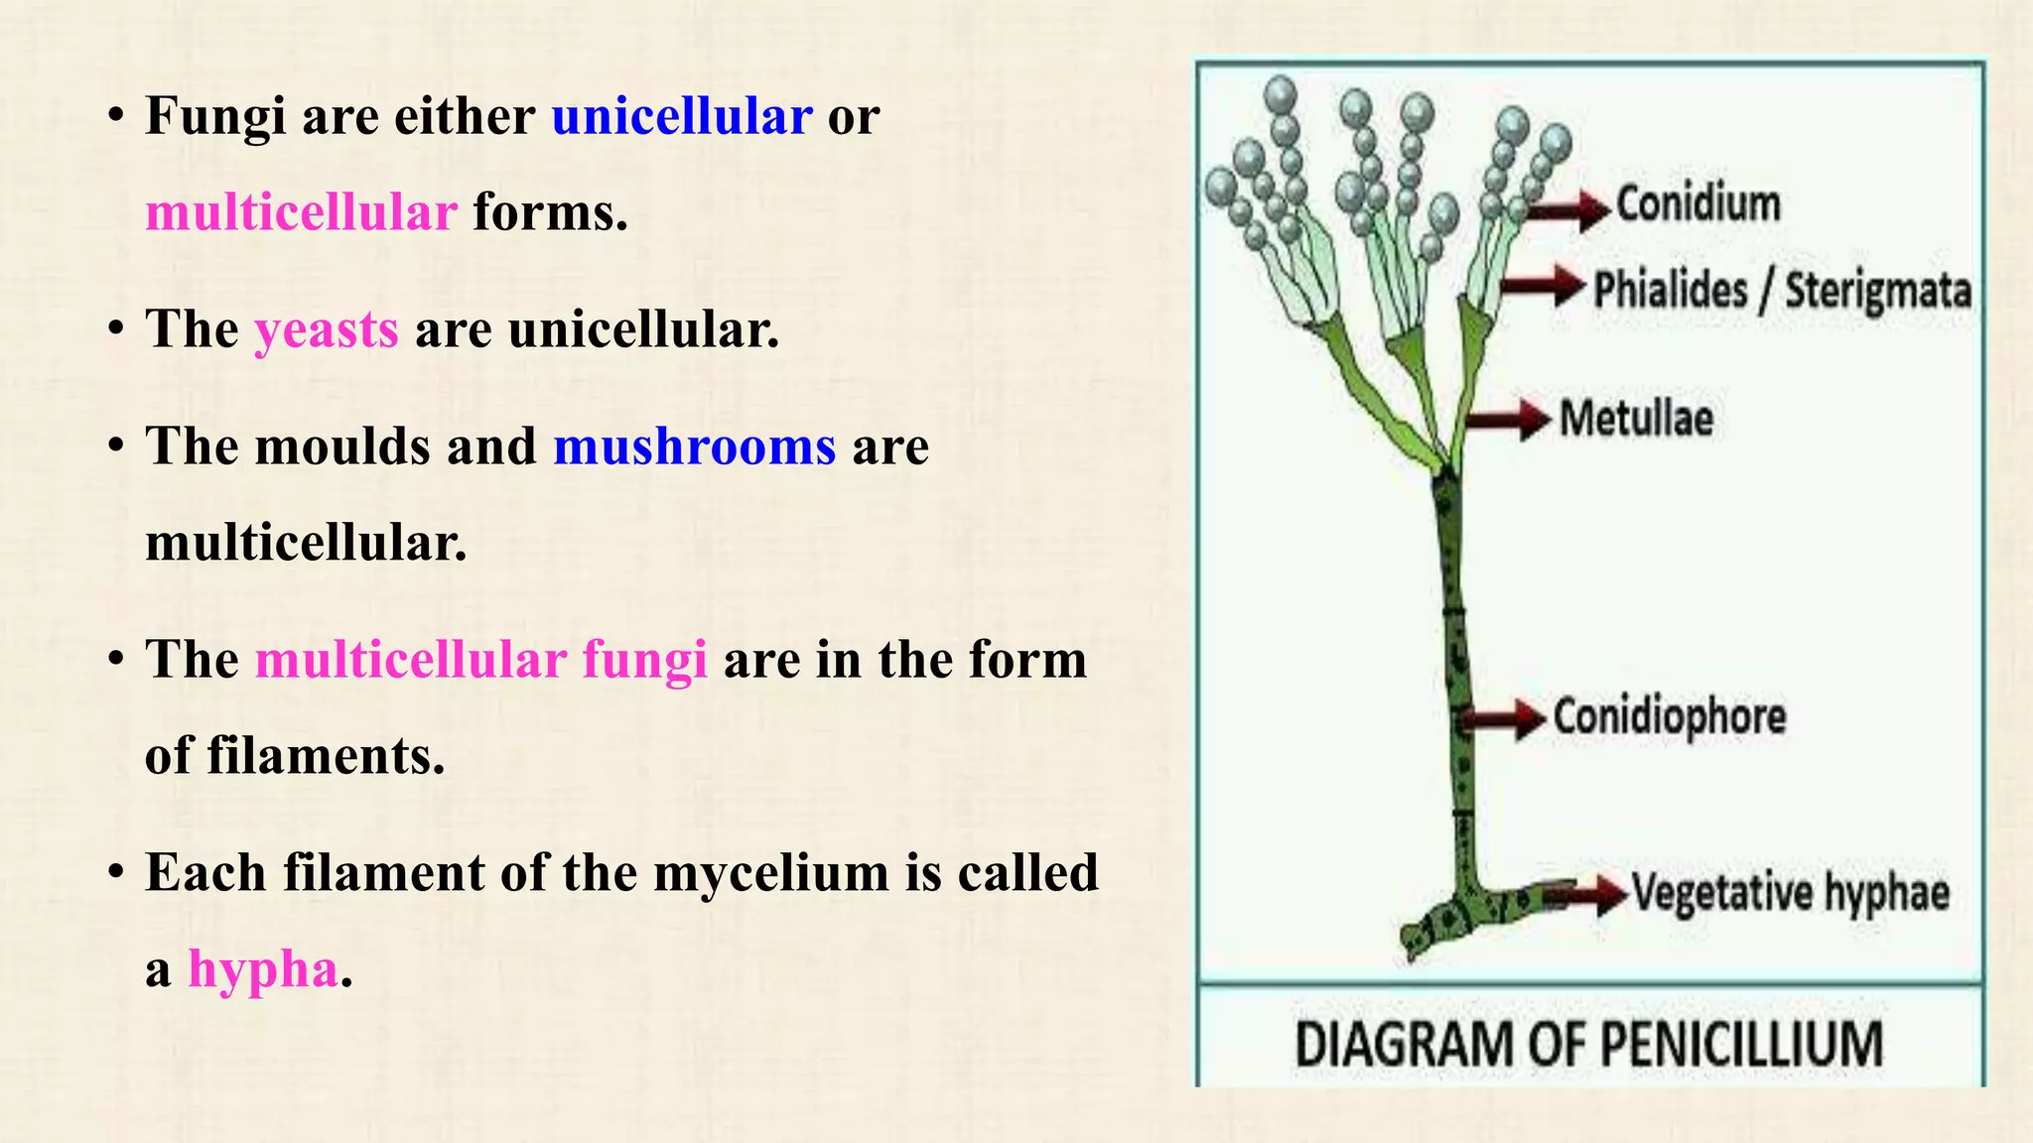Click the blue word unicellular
(x=682, y=116)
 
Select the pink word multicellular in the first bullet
(x=301, y=212)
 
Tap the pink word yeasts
(x=327, y=329)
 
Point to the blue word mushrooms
(x=694, y=446)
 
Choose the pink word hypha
(x=263, y=969)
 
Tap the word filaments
(x=325, y=756)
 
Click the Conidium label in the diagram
(x=1697, y=204)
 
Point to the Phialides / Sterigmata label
(x=1782, y=292)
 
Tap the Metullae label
(x=1636, y=418)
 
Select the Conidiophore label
(x=1669, y=716)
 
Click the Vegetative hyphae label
(x=1790, y=893)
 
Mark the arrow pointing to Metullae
(x=1508, y=419)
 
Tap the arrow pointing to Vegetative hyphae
(x=1587, y=896)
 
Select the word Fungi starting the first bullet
(x=215, y=116)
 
